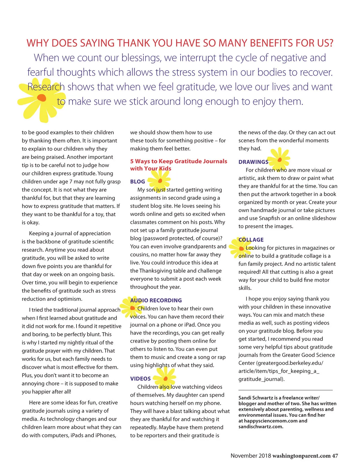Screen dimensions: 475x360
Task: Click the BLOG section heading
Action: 137,182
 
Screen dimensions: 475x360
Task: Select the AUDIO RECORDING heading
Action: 156,300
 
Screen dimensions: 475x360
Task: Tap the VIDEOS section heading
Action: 140,379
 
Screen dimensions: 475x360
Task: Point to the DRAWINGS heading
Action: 253,162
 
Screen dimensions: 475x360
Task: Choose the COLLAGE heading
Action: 251,240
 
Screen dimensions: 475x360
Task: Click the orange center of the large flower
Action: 42,98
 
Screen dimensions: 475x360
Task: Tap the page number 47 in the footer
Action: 335,456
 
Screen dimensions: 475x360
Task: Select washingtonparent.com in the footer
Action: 301,456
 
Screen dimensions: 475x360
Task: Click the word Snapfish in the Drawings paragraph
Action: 269,218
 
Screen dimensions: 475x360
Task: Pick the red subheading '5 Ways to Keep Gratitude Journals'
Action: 178,161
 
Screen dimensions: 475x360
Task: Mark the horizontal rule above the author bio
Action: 285,390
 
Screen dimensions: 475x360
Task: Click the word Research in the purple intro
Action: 46,87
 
